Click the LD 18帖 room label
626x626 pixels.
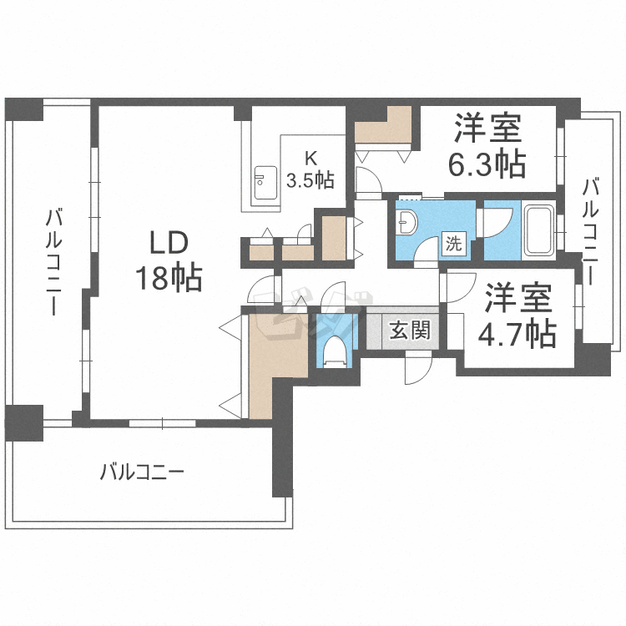coord(169,261)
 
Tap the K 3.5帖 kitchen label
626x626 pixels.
coord(310,170)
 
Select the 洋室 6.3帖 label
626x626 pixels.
coord(487,145)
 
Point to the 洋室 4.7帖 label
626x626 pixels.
coord(517,316)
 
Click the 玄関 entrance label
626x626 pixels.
coord(410,330)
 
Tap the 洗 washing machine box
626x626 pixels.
coord(454,243)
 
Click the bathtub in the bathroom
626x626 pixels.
coord(538,230)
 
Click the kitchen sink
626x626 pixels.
coord(265,182)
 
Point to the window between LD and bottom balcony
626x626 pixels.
coord(163,423)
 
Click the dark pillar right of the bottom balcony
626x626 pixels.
coord(282,439)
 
